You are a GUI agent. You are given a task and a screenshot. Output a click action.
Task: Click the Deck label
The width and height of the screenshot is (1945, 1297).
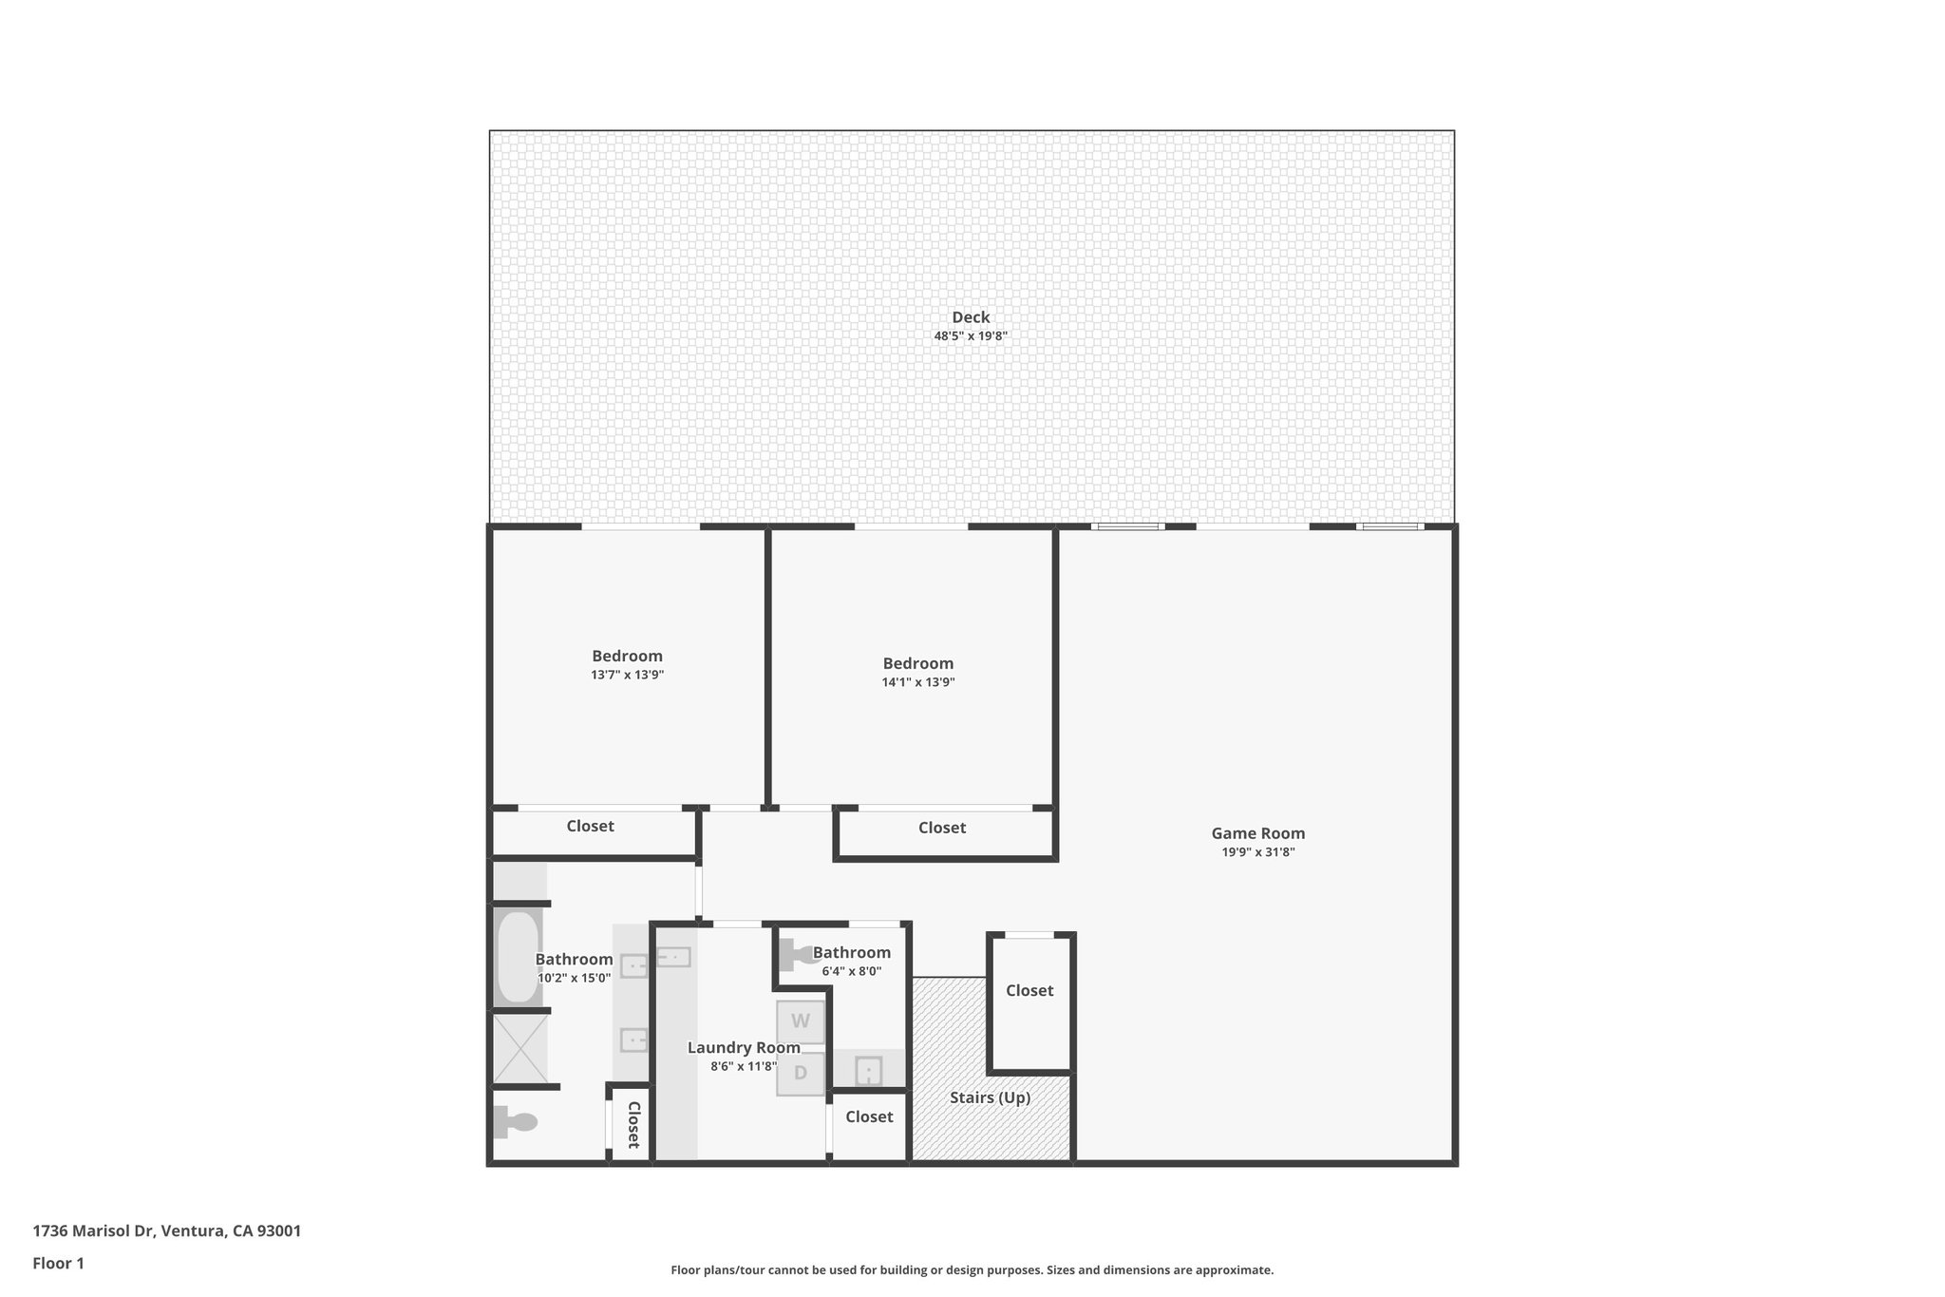971,317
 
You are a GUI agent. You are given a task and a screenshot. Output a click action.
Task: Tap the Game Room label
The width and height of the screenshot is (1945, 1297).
1257,833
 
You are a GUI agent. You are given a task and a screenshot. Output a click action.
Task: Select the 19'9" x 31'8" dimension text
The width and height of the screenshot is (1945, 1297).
1257,852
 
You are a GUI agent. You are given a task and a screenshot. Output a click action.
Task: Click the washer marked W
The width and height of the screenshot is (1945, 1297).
801,1021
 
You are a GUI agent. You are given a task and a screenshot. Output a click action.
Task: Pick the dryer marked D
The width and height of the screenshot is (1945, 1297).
801,1074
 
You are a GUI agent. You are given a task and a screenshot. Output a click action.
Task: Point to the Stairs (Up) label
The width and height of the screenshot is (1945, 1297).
990,1097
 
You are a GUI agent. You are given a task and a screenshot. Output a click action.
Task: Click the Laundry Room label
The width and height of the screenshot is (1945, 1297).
744,1047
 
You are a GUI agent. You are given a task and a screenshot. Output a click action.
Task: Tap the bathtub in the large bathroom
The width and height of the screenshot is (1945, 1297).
518,957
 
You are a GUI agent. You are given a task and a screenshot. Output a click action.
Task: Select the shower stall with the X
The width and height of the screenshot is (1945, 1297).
519,1048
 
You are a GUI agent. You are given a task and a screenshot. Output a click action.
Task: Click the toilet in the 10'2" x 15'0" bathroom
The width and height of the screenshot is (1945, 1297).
516,1122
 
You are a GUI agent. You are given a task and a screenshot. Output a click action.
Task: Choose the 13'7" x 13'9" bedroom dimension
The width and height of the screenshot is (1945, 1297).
627,675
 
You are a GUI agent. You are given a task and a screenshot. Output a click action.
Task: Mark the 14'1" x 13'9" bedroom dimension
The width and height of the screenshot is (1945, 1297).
917,682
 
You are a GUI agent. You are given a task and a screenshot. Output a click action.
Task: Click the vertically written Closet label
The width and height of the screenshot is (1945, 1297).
633,1125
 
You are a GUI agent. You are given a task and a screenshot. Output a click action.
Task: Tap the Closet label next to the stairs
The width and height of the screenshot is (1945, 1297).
1029,990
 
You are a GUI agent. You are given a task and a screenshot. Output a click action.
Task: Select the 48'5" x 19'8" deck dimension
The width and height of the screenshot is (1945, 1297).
971,335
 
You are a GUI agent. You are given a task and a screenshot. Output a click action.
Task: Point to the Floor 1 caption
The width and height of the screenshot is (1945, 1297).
58,1263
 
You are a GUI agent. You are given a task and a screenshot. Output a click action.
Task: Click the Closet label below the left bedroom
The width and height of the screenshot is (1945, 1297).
590,826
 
